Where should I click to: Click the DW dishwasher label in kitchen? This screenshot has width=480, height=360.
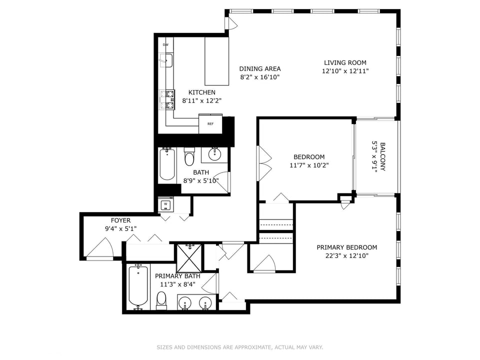[165, 44]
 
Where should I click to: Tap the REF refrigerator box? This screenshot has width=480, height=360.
[210, 123]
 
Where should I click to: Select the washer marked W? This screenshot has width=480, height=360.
[165, 204]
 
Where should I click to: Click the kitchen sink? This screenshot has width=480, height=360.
[166, 60]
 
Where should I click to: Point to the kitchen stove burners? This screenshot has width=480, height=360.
[167, 100]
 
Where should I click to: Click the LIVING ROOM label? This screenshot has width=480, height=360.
[345, 63]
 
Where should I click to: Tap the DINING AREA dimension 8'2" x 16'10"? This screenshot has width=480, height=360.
[260, 77]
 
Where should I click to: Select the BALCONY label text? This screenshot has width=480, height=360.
[382, 156]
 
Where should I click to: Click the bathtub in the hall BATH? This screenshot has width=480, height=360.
[167, 164]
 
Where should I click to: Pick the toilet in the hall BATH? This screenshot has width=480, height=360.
[189, 156]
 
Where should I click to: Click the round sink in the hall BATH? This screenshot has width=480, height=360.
[214, 154]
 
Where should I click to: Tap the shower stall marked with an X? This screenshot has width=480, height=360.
[189, 258]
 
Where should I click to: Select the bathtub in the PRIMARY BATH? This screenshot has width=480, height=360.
[138, 286]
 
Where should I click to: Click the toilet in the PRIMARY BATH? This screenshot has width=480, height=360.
[161, 300]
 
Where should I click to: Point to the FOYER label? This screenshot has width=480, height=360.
[120, 220]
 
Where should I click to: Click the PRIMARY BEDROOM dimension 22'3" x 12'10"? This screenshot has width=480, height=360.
[347, 256]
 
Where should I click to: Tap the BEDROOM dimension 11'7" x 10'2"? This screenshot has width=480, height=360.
[309, 165]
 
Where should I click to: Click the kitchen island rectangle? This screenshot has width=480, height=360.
[216, 61]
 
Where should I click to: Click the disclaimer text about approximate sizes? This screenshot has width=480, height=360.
[240, 347]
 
